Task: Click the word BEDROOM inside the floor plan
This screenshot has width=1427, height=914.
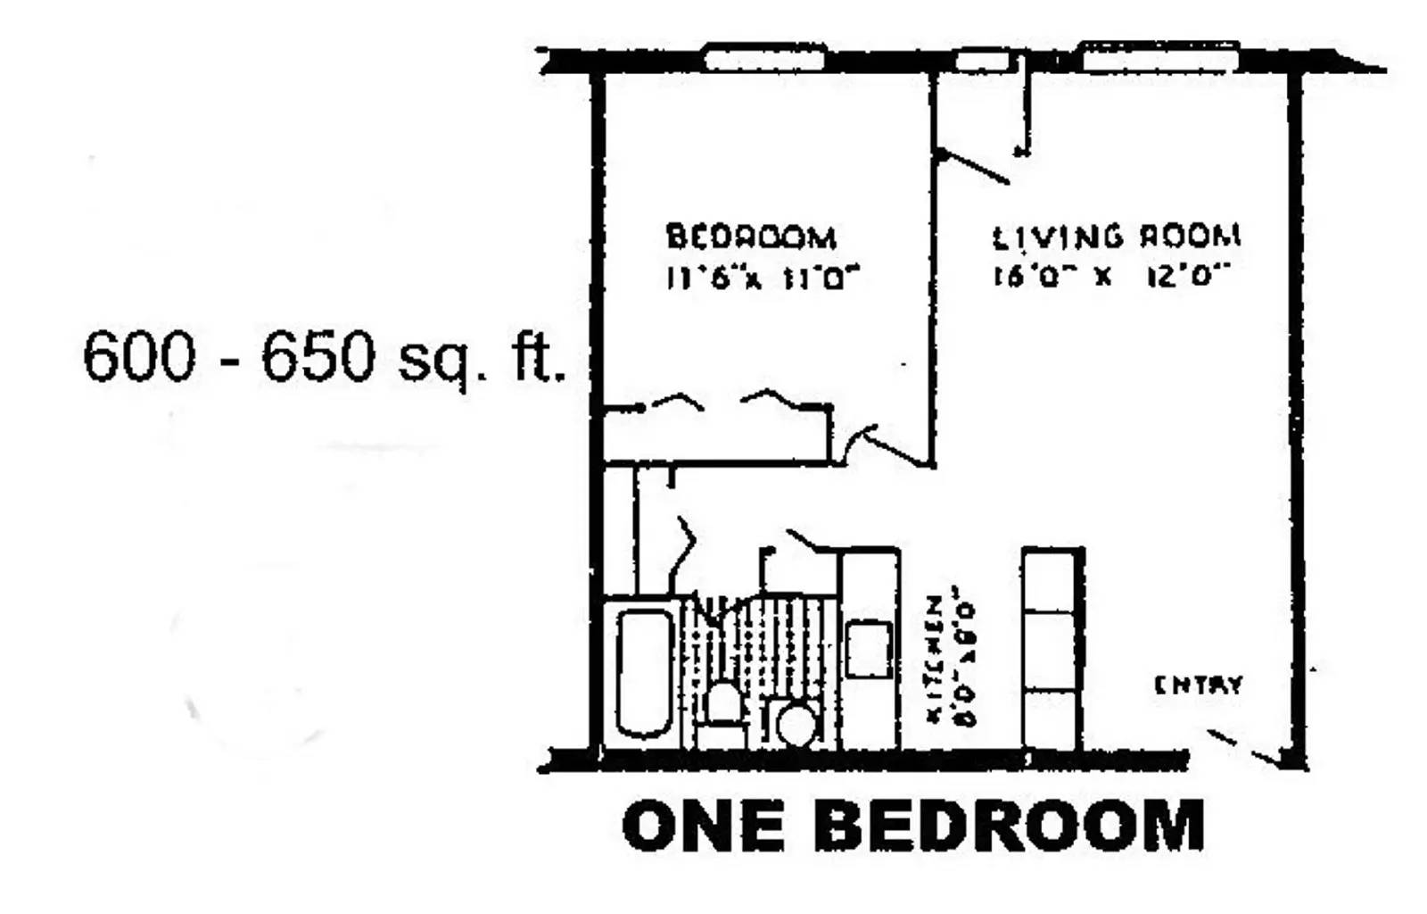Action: pyautogui.click(x=751, y=237)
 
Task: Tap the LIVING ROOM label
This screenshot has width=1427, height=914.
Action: pyautogui.click(x=1116, y=237)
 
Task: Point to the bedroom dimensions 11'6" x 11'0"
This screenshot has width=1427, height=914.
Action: pyautogui.click(x=763, y=278)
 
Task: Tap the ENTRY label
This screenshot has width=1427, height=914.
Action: pyautogui.click(x=1198, y=685)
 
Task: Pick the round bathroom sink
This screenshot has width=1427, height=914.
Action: pyautogui.click(x=796, y=723)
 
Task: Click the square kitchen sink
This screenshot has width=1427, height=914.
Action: pyautogui.click(x=868, y=648)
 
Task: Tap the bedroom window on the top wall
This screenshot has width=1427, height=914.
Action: pyautogui.click(x=764, y=59)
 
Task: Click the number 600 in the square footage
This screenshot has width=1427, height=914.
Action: pyautogui.click(x=138, y=356)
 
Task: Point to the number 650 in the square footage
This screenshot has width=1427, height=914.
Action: pyautogui.click(x=317, y=356)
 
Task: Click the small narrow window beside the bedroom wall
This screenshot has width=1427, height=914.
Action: pyautogui.click(x=982, y=61)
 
